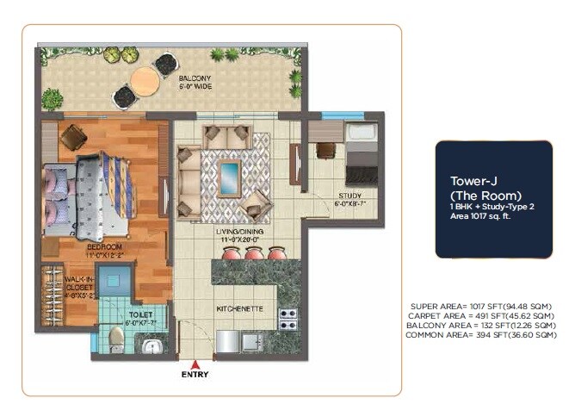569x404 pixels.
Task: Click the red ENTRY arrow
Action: pos(195,364)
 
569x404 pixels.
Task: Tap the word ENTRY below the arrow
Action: pos(195,376)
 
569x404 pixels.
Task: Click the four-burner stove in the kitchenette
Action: pos(288,319)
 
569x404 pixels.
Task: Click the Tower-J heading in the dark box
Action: pos(471,181)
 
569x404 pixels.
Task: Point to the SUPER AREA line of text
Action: pos(481,307)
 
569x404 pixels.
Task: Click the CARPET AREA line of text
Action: pos(481,316)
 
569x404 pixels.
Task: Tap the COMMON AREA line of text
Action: pos(481,335)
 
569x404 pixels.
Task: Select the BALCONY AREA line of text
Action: pos(481,326)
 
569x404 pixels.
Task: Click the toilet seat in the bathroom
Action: pos(117,339)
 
